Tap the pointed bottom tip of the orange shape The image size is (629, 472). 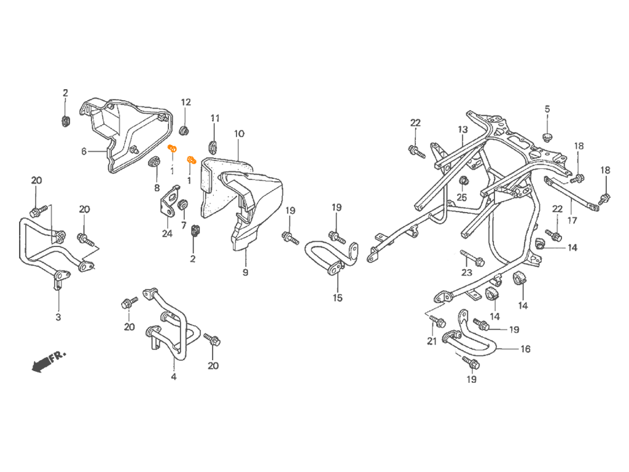pyautogui.click(x=195, y=168)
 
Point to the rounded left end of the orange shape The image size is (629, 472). pyautogui.click(x=163, y=149)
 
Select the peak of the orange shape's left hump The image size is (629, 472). pyautogui.click(x=174, y=139)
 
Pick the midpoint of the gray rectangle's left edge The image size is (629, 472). pyautogui.click(x=19, y=236)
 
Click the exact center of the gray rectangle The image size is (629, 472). pyautogui.click(x=314, y=236)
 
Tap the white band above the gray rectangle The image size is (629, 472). pyautogui.click(x=314, y=43)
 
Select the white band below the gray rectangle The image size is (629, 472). pyautogui.click(x=314, y=427)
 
